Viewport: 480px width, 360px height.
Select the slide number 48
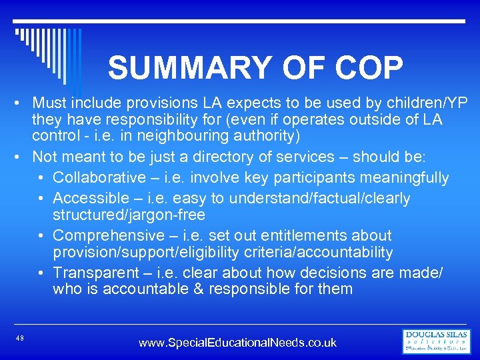point(20,339)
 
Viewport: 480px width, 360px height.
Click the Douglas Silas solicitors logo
point(437,341)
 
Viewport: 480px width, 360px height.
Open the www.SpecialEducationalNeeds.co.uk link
point(237,343)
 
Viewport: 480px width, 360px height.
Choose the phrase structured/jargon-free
point(129,215)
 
